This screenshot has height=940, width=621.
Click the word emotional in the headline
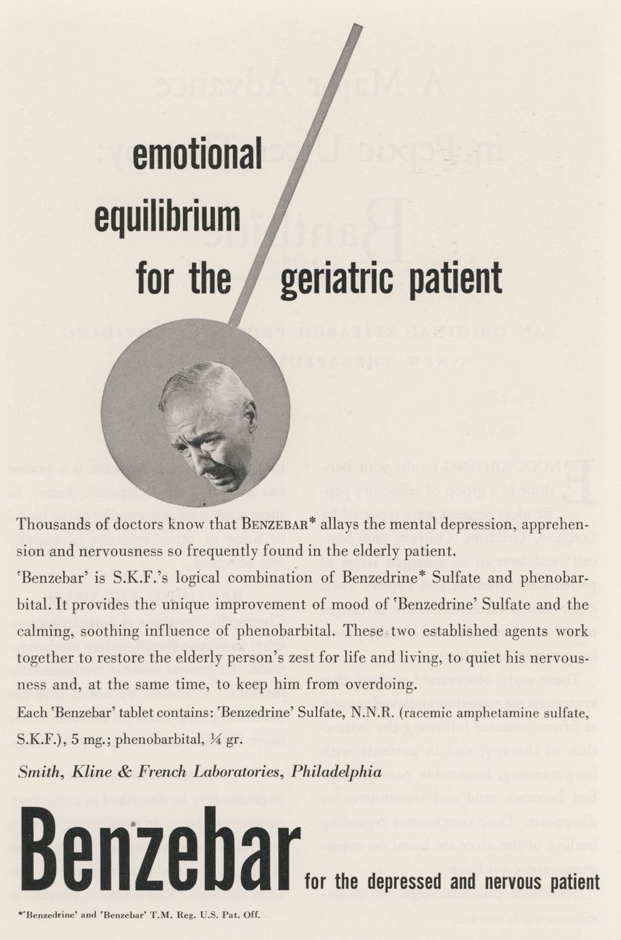[197, 155]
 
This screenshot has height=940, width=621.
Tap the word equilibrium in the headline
[167, 217]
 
